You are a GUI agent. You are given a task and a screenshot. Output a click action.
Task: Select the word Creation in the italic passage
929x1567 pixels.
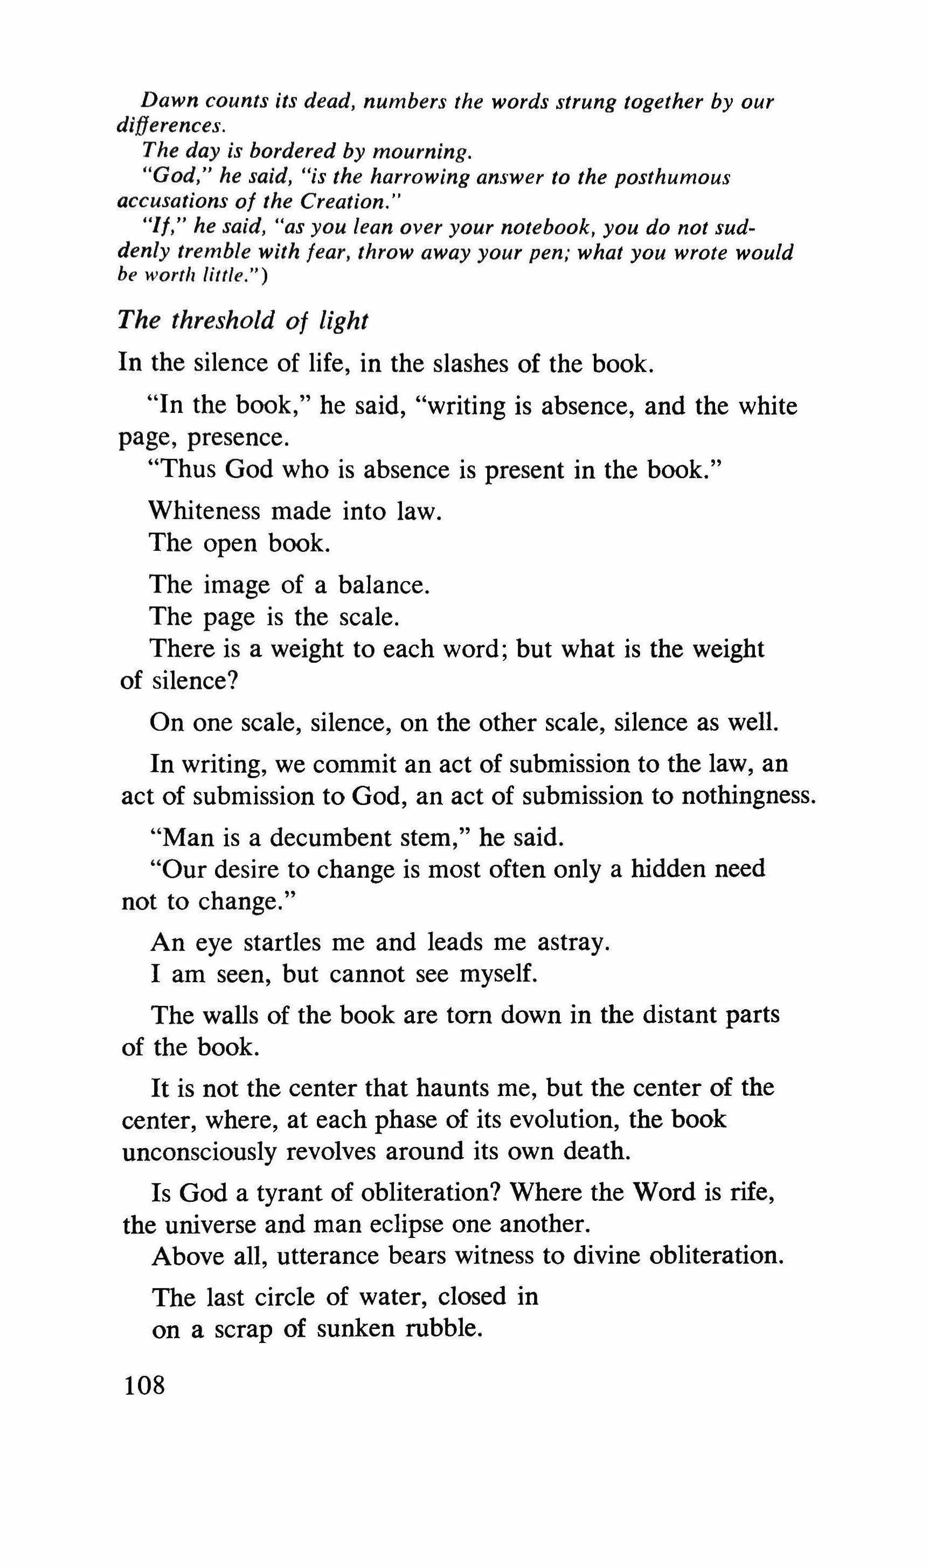point(349,202)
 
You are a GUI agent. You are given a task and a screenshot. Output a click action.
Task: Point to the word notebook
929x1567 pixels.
point(535,227)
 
